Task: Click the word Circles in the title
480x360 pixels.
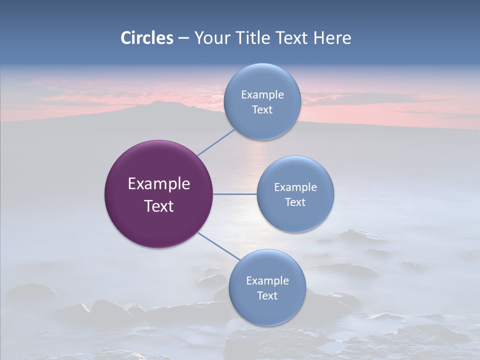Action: (x=147, y=38)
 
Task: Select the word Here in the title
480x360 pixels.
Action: (x=332, y=38)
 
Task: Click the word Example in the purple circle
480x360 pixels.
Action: (x=159, y=184)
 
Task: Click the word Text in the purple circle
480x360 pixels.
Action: (x=159, y=206)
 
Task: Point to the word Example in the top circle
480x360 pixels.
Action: (x=262, y=95)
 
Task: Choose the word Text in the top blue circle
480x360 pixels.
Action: (x=262, y=109)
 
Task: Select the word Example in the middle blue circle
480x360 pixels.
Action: (x=295, y=187)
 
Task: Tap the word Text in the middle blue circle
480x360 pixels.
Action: (x=295, y=202)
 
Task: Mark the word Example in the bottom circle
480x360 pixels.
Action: (x=267, y=281)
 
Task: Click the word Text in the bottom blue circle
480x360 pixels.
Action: (x=267, y=295)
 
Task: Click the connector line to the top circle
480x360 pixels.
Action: (x=216, y=142)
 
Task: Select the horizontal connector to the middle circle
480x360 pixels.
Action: (x=234, y=194)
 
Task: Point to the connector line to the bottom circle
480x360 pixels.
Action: (x=218, y=246)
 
